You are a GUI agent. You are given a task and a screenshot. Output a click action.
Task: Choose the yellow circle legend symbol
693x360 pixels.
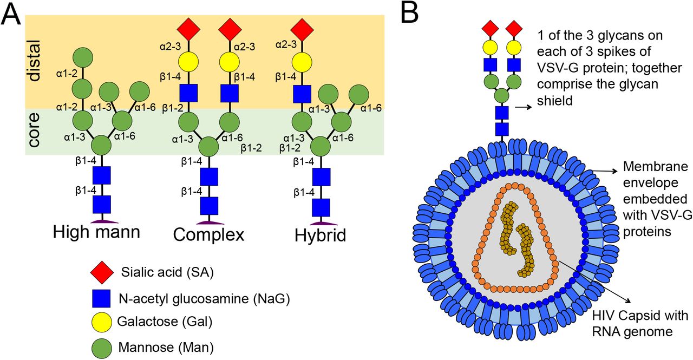coord(102,322)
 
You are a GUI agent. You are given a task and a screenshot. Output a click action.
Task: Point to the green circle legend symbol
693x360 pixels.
coord(102,346)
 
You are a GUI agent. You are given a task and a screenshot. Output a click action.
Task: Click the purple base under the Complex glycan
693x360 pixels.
coord(209,222)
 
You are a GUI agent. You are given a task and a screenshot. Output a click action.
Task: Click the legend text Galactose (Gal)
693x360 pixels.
coord(164,322)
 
